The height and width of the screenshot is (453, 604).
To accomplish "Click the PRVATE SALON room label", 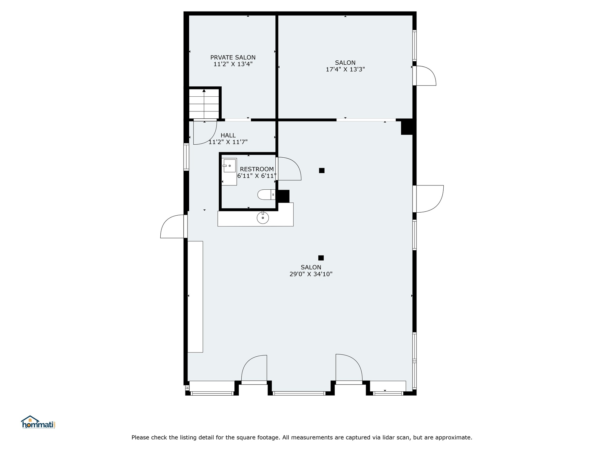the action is click(233, 57).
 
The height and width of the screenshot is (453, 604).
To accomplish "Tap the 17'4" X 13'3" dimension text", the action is click(345, 69).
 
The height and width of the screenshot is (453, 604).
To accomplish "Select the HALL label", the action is click(228, 135).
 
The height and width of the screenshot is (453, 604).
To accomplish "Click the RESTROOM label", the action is click(257, 169).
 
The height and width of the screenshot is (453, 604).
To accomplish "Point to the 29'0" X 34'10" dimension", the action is click(311, 274).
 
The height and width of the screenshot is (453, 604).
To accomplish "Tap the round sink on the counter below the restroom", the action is click(263, 218).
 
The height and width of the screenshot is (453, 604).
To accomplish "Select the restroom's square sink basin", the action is click(229, 165).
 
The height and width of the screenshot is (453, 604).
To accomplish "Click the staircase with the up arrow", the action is click(204, 104).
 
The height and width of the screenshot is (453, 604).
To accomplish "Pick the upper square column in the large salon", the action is click(322, 170).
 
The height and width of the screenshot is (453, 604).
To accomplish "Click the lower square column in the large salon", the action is click(321, 258).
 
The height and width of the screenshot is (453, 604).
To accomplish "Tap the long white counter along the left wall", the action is click(195, 297).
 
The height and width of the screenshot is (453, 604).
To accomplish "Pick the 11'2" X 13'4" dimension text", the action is click(233, 64).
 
